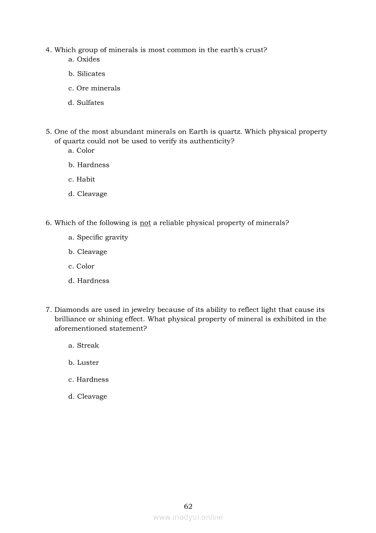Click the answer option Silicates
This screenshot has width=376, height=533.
[91, 74]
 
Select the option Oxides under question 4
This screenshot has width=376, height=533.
[88, 59]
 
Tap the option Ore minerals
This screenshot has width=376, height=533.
[98, 88]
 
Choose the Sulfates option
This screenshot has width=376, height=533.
[90, 103]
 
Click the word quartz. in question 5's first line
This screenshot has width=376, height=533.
[230, 132]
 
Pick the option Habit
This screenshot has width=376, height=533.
[86, 180]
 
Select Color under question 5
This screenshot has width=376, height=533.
[86, 150]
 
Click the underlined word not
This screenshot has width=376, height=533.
[145, 223]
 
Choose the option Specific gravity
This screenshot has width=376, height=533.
[102, 238]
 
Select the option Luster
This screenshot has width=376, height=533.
[88, 363]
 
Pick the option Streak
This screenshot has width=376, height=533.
[88, 346]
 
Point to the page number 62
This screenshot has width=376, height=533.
[188, 507]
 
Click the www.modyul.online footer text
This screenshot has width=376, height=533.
[188, 517]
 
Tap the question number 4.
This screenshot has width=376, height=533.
[48, 50]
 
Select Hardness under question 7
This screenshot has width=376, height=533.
[92, 380]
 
